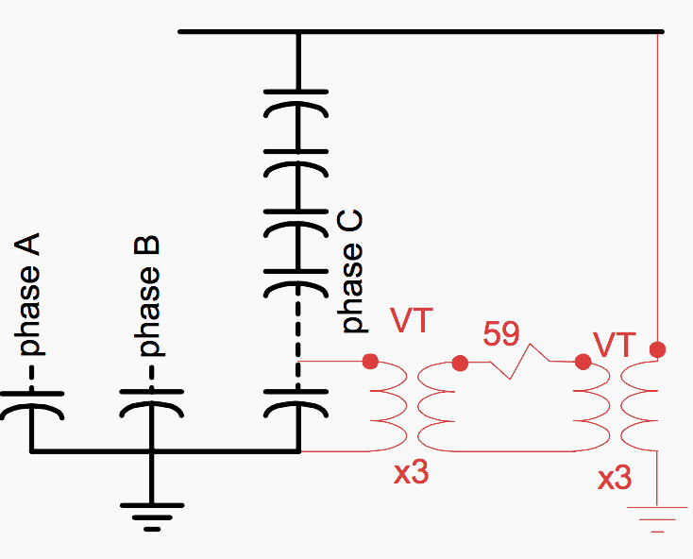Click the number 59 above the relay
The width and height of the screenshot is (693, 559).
coord(502,335)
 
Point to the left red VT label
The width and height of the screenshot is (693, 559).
coord(412,321)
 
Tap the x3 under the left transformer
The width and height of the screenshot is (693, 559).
coord(411,472)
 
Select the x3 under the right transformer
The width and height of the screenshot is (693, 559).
coord(615,478)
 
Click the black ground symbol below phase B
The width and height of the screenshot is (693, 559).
coord(151,516)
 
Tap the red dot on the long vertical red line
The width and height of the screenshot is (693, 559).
coord(658,349)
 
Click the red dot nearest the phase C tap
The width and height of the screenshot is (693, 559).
coord(370,361)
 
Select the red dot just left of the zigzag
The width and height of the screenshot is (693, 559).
coord(461,363)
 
